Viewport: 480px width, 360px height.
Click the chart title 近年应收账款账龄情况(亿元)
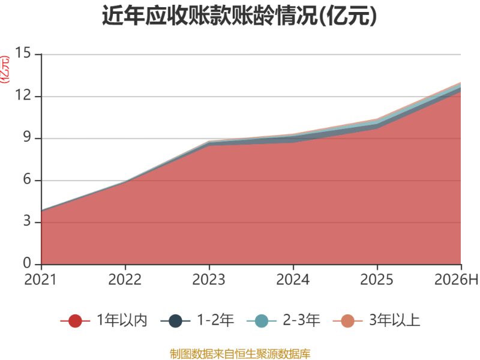tap(239, 16)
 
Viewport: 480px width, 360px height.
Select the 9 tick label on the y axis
tap(27, 137)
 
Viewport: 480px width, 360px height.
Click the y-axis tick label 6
tap(27, 179)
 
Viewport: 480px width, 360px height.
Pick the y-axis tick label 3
tap(27, 221)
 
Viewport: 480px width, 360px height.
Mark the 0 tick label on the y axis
tap(27, 263)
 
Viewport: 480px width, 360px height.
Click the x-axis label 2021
tap(40, 280)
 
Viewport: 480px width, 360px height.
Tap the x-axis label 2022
tap(125, 280)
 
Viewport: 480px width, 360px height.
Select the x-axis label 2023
tap(209, 280)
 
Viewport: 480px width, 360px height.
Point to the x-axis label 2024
tap(293, 280)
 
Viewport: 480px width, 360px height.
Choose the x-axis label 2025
tap(377, 280)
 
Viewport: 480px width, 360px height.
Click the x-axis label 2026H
tap(456, 280)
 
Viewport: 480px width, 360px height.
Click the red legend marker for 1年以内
tap(75, 321)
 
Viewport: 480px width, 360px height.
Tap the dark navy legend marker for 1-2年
tap(175, 321)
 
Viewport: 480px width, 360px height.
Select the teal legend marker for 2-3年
tap(262, 321)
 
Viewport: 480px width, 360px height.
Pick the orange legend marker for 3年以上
tap(348, 321)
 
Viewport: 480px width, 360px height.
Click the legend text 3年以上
tap(395, 320)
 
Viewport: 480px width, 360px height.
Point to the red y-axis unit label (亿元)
tap(5, 70)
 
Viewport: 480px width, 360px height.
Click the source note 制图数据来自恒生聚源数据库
tap(240, 354)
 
